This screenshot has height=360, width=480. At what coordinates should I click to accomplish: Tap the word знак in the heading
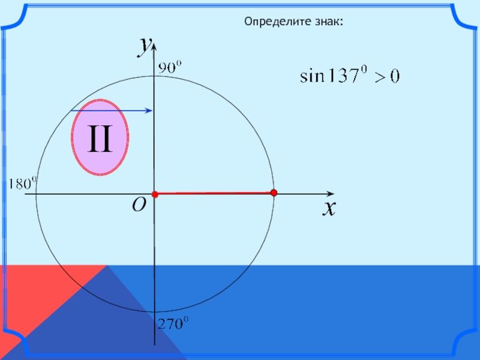pyautogui.click(x=329, y=22)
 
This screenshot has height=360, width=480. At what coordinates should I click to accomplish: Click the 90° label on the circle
pyautogui.click(x=169, y=68)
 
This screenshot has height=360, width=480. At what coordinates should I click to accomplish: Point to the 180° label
pyautogui.click(x=22, y=183)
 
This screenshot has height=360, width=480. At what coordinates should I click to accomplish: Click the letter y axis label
pyautogui.click(x=143, y=46)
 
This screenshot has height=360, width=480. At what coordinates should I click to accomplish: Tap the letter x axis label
pyautogui.click(x=328, y=208)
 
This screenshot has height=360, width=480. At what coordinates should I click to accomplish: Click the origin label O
pyautogui.click(x=139, y=206)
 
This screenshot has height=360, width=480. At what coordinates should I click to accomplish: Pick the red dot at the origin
pyautogui.click(x=154, y=194)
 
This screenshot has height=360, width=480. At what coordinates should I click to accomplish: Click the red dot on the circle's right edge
pyautogui.click(x=274, y=193)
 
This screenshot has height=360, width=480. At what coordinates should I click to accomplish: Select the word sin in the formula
pyautogui.click(x=311, y=77)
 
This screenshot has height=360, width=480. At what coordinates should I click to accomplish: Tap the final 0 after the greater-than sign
pyautogui.click(x=395, y=77)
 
